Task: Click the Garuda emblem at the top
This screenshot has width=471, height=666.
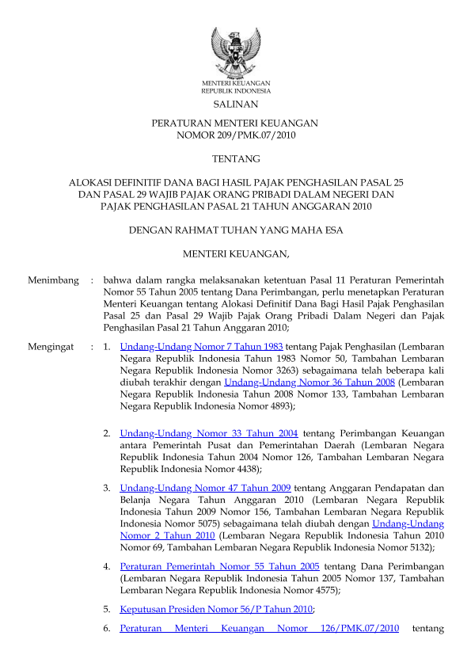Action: [x=235, y=52]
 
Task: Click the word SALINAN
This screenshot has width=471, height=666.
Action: [x=235, y=105]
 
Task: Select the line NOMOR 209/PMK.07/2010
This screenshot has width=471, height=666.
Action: [x=235, y=135]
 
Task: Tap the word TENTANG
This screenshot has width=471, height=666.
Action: [x=235, y=160]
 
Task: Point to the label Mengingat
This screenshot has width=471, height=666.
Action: [x=51, y=346]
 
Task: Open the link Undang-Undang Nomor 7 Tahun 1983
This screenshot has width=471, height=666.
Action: [x=201, y=346]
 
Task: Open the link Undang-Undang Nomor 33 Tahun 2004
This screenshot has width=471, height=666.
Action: [x=208, y=433]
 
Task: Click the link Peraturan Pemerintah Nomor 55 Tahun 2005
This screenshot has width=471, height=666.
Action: [x=219, y=566]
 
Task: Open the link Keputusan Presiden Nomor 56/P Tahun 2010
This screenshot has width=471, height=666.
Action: [x=216, y=609]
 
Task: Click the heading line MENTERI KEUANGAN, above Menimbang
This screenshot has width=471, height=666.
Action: [x=235, y=254]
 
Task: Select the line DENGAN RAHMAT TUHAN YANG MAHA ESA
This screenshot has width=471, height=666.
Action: [x=235, y=230]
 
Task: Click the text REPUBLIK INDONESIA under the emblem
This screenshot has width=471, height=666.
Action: [x=235, y=91]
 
